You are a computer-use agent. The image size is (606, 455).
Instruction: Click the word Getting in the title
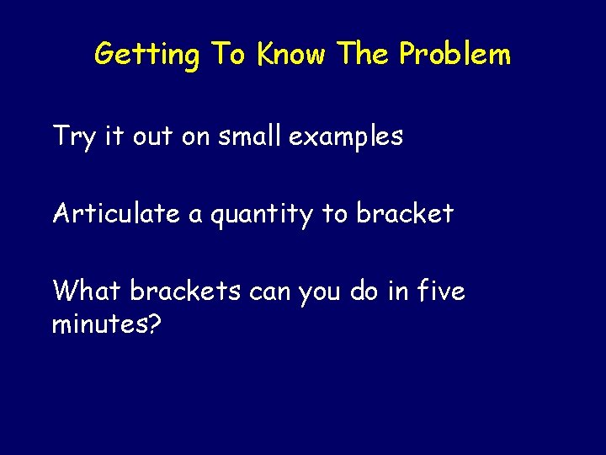click(x=146, y=55)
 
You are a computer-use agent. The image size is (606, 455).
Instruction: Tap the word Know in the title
click(x=292, y=54)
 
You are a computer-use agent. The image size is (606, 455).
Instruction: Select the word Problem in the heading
click(x=454, y=54)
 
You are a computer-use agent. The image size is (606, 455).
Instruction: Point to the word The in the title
click(x=364, y=54)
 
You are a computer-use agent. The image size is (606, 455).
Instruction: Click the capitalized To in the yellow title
click(x=228, y=54)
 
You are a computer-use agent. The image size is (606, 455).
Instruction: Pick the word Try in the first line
click(x=74, y=136)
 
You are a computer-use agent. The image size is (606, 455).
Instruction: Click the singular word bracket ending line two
click(x=404, y=213)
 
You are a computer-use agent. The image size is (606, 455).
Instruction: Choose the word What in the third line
click(x=87, y=291)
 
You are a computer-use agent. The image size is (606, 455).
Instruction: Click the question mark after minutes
click(x=154, y=323)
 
